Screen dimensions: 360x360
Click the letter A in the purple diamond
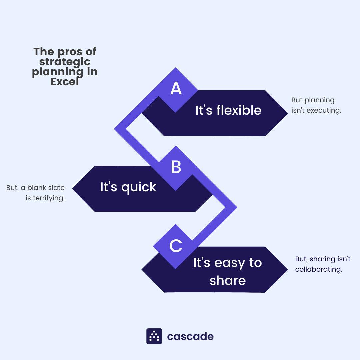tap(176, 88)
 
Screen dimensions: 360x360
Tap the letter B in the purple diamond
tap(176, 167)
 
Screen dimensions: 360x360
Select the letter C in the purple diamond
tap(176, 246)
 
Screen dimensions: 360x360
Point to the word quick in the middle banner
tap(139, 187)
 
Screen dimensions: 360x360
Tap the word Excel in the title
tap(65, 82)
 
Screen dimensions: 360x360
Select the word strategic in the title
tap(65, 62)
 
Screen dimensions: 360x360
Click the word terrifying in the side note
tap(49, 198)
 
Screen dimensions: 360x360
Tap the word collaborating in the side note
tap(319, 269)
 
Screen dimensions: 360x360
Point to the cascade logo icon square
tap(154, 336)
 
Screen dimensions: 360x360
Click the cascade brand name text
tap(190, 336)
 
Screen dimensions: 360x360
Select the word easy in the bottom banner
tap(230, 263)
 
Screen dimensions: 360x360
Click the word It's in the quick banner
tap(109, 187)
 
